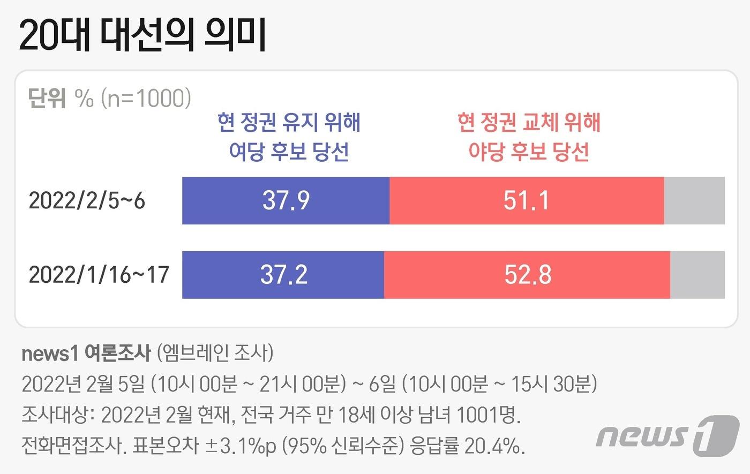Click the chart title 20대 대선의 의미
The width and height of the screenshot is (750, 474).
pyautogui.click(x=143, y=35)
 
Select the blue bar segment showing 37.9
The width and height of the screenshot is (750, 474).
pyautogui.click(x=286, y=200)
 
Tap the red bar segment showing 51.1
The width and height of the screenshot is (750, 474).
pyautogui.click(x=527, y=200)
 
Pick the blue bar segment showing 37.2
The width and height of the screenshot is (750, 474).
pyautogui.click(x=283, y=275)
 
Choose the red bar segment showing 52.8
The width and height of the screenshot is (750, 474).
pyautogui.click(x=527, y=275)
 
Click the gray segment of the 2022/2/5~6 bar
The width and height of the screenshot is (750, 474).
pyautogui.click(x=694, y=200)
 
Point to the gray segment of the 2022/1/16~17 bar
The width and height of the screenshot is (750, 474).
pyautogui.click(x=697, y=275)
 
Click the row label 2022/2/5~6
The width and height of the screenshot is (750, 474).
pyautogui.click(x=87, y=201)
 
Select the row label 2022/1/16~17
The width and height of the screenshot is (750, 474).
pyautogui.click(x=99, y=275)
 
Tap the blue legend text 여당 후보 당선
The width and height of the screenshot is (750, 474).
pyautogui.click(x=289, y=152)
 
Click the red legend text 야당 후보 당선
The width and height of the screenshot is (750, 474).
pyautogui.click(x=529, y=152)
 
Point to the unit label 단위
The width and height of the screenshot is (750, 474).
pyautogui.click(x=47, y=98)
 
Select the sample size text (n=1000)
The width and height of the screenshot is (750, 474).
pyautogui.click(x=146, y=98)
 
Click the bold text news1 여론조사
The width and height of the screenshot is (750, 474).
pyautogui.click(x=86, y=353)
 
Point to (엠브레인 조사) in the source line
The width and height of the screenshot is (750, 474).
pyautogui.click(x=215, y=353)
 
